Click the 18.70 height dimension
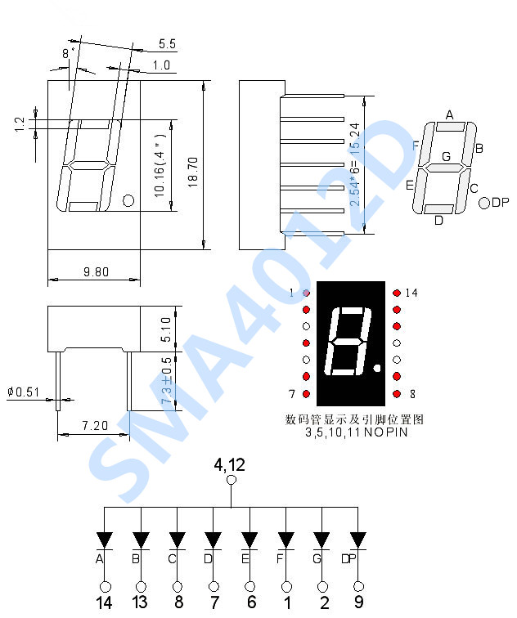192,163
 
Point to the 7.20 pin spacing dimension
95,426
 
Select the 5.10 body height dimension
167,329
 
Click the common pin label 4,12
230,464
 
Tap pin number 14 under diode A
104,603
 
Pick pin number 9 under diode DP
357,603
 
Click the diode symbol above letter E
250,540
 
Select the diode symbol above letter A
104,540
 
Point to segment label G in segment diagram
446,156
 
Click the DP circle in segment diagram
483,203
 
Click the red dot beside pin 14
396,293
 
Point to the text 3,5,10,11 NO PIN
355,432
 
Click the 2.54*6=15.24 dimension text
354,163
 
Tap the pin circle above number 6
250,586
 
